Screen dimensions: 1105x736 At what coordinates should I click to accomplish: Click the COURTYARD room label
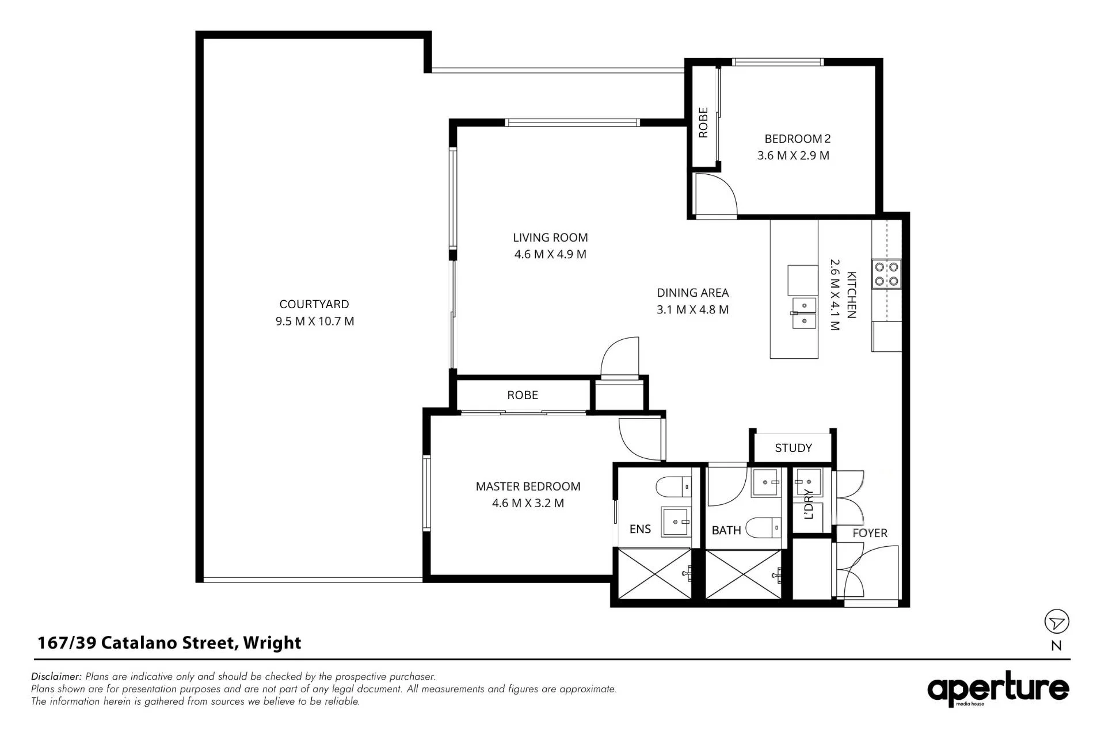[314, 304]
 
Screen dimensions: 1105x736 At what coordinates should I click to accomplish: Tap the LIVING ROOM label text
[550, 237]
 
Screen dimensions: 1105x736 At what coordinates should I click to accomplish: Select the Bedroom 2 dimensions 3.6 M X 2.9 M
[793, 155]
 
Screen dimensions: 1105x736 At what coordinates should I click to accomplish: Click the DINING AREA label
[693, 293]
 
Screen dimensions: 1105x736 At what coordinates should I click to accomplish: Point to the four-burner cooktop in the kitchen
[887, 274]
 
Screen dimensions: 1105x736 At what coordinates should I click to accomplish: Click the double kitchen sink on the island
[804, 313]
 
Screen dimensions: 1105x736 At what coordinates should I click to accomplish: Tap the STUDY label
[793, 448]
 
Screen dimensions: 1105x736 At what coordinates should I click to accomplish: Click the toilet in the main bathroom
[763, 527]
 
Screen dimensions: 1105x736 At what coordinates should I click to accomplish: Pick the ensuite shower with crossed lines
[654, 574]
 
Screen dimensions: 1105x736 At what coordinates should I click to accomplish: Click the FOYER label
[870, 533]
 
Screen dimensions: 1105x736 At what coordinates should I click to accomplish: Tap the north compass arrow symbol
[1057, 622]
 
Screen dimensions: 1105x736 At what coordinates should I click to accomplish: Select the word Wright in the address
[272, 643]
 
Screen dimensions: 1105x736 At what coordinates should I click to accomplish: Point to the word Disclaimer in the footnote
[56, 677]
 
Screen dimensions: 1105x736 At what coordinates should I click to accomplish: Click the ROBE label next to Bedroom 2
[703, 122]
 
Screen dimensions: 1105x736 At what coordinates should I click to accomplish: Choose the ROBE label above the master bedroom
[523, 395]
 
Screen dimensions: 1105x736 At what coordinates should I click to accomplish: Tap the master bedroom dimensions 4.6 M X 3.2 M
[528, 503]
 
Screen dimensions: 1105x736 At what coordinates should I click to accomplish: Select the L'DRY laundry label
[809, 504]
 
